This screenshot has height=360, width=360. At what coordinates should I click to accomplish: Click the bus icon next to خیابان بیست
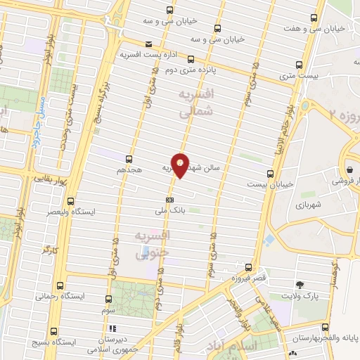270,173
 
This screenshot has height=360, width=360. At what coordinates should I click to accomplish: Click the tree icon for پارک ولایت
301,284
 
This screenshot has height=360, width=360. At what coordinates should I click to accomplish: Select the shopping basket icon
349,169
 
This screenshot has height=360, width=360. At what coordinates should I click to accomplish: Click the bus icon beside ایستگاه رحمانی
59,286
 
